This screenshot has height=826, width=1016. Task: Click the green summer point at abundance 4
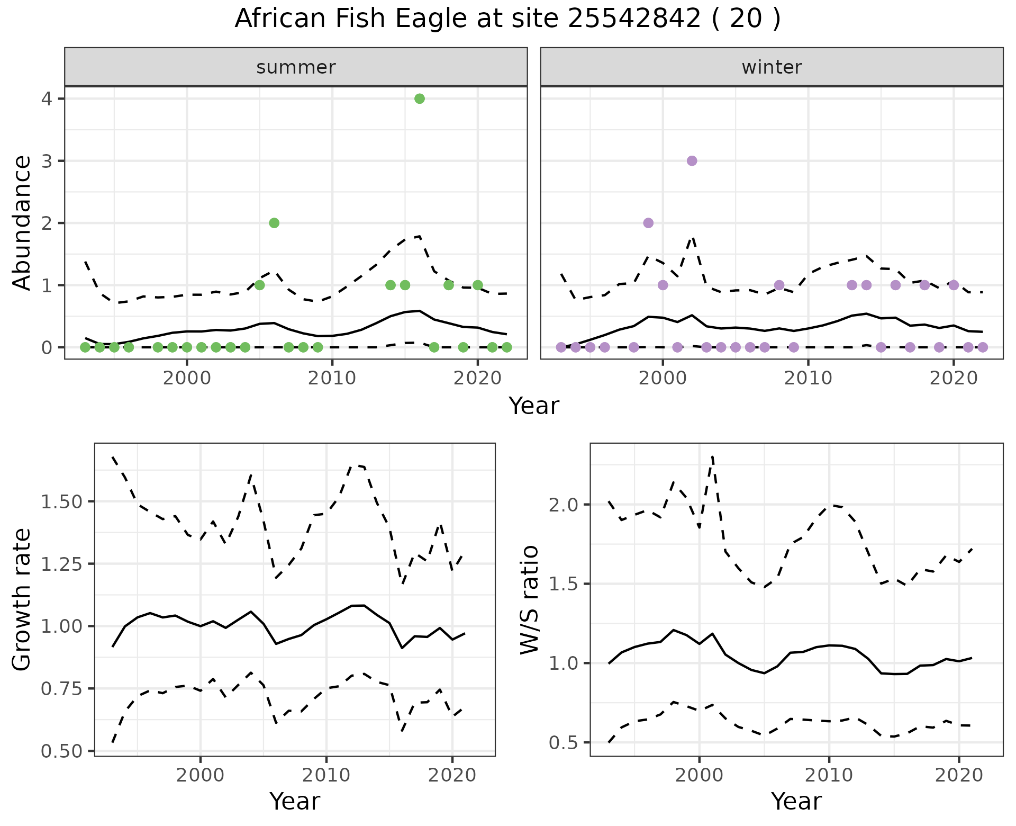[420, 98]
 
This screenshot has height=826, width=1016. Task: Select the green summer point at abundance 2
[274, 223]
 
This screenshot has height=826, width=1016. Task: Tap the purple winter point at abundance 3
[692, 161]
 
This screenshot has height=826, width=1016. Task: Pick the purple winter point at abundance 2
[648, 223]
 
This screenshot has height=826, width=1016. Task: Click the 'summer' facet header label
[296, 67]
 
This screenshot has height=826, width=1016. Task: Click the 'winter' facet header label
[772, 67]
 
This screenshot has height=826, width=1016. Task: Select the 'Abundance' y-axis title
[22, 223]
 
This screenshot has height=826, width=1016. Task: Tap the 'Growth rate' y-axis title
[22, 600]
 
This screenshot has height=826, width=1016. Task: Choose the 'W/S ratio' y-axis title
[529, 600]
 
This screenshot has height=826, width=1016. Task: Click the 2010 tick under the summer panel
[332, 379]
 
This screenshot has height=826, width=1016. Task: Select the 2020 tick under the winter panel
[953, 379]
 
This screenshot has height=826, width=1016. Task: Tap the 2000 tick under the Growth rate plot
[200, 776]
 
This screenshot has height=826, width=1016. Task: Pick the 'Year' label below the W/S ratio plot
[796, 802]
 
